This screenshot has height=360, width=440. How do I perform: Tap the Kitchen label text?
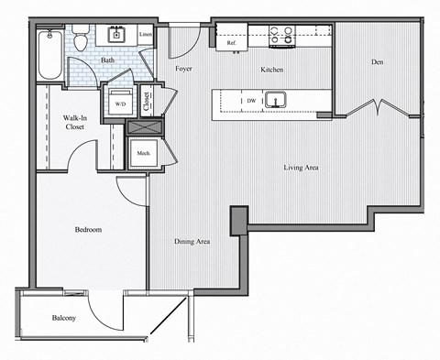[x=271, y=70]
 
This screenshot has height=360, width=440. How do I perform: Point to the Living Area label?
[x=300, y=168]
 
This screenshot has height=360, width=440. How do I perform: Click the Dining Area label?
[x=192, y=242]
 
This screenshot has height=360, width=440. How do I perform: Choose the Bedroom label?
[x=88, y=229]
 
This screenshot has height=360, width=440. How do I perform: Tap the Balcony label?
[x=62, y=318]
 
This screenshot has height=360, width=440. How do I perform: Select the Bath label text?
[x=108, y=60]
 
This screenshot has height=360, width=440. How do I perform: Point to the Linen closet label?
[x=145, y=36]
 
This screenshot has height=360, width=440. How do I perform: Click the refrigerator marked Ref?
[x=229, y=39]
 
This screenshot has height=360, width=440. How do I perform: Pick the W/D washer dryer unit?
[x=120, y=102]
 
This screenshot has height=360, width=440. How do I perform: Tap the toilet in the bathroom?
[x=82, y=39]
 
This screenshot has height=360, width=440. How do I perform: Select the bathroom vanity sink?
[x=117, y=36]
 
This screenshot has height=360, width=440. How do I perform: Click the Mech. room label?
[x=143, y=153]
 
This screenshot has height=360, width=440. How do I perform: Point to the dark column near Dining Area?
[x=238, y=219]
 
